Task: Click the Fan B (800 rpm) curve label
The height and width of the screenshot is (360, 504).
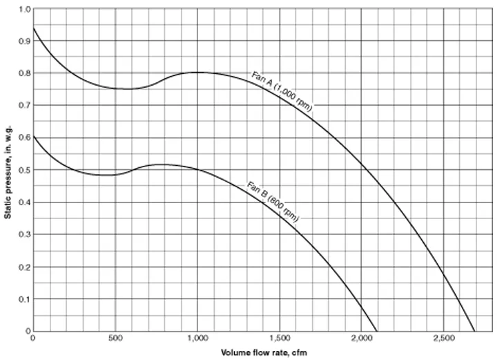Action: [x=273, y=200]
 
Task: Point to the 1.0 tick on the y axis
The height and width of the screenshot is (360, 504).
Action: [x=25, y=9]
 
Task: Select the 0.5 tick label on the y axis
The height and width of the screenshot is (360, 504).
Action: [x=25, y=170]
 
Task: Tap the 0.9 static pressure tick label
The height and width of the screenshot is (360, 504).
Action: [x=25, y=41]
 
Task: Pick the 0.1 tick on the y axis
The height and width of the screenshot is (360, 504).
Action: [x=25, y=299]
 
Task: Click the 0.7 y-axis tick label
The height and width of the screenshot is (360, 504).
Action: [x=25, y=106]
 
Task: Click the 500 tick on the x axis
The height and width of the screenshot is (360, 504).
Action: [x=115, y=339]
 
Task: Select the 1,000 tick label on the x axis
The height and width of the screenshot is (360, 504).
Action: [x=197, y=339]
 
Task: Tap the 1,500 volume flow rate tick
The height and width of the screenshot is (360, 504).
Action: [x=280, y=339]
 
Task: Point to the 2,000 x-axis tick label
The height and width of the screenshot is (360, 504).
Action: [x=362, y=339]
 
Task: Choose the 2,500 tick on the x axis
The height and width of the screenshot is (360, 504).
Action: [x=444, y=339]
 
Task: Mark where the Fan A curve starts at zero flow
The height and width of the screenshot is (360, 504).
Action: [x=33, y=28]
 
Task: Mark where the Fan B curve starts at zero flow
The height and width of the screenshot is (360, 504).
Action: [x=33, y=137]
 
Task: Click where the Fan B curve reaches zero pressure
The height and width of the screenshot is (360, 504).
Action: [x=377, y=331]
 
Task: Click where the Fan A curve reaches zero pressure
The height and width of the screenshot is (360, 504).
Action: [x=474, y=331]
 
